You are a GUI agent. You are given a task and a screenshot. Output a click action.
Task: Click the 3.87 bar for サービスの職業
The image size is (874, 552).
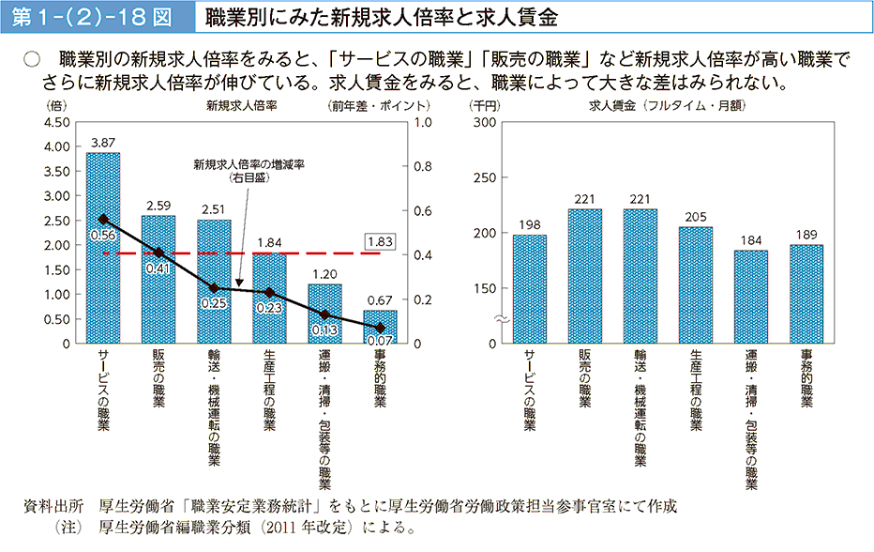(103, 282)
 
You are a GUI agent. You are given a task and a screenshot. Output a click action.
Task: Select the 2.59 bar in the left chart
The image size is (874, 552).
(158, 300)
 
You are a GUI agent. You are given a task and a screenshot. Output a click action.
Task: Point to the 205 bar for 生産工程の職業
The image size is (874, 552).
(695, 285)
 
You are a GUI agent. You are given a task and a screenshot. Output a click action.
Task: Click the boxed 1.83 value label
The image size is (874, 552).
(381, 241)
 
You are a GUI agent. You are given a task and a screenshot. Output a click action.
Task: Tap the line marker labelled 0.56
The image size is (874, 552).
(103, 219)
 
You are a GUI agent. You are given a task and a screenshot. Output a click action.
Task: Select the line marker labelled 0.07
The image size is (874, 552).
(380, 328)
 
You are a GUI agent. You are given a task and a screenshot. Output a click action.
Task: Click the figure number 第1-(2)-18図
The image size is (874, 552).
(94, 17)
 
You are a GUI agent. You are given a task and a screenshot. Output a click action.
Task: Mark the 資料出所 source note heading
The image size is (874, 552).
(53, 505)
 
